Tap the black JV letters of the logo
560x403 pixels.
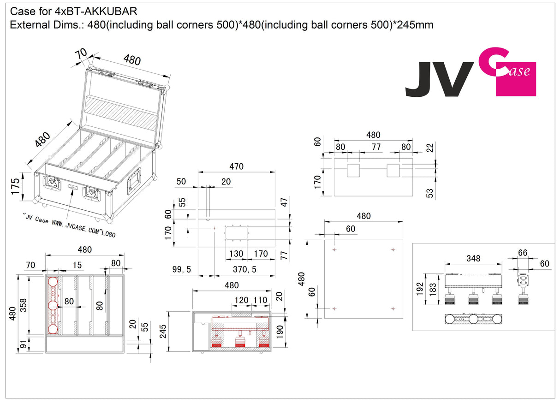pos(439,80)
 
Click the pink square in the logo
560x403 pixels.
pos(516,79)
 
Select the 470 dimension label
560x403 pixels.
pos(236,166)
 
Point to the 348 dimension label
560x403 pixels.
pos(473,259)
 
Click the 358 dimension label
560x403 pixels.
pos(23,304)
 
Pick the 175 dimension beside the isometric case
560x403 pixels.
pos(15,186)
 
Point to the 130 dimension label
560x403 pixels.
pos(236,254)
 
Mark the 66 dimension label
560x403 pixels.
pos(523,253)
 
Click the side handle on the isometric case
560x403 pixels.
pos(135,181)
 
